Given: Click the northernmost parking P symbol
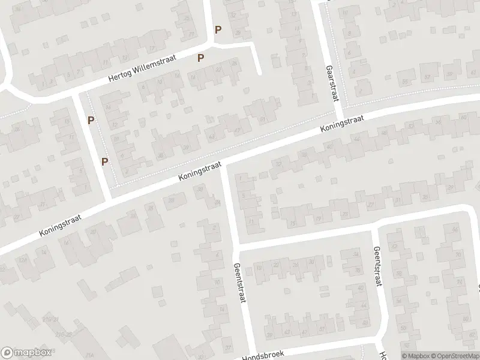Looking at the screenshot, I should point(218,29).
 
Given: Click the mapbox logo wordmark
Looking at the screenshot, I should point(26,353).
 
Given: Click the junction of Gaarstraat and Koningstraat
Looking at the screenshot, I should point(340,115).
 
